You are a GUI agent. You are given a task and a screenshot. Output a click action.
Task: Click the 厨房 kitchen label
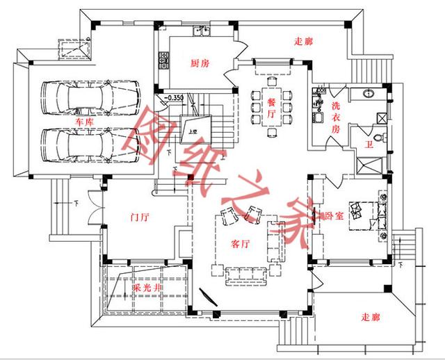200,63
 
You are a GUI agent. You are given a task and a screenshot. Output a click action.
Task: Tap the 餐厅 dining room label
272,108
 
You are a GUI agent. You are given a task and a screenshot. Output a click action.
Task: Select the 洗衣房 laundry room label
336,118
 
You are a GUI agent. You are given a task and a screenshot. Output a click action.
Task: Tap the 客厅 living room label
240,245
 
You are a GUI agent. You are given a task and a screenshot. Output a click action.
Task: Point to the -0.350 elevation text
174,97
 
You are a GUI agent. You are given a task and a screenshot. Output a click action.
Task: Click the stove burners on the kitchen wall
164,63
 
